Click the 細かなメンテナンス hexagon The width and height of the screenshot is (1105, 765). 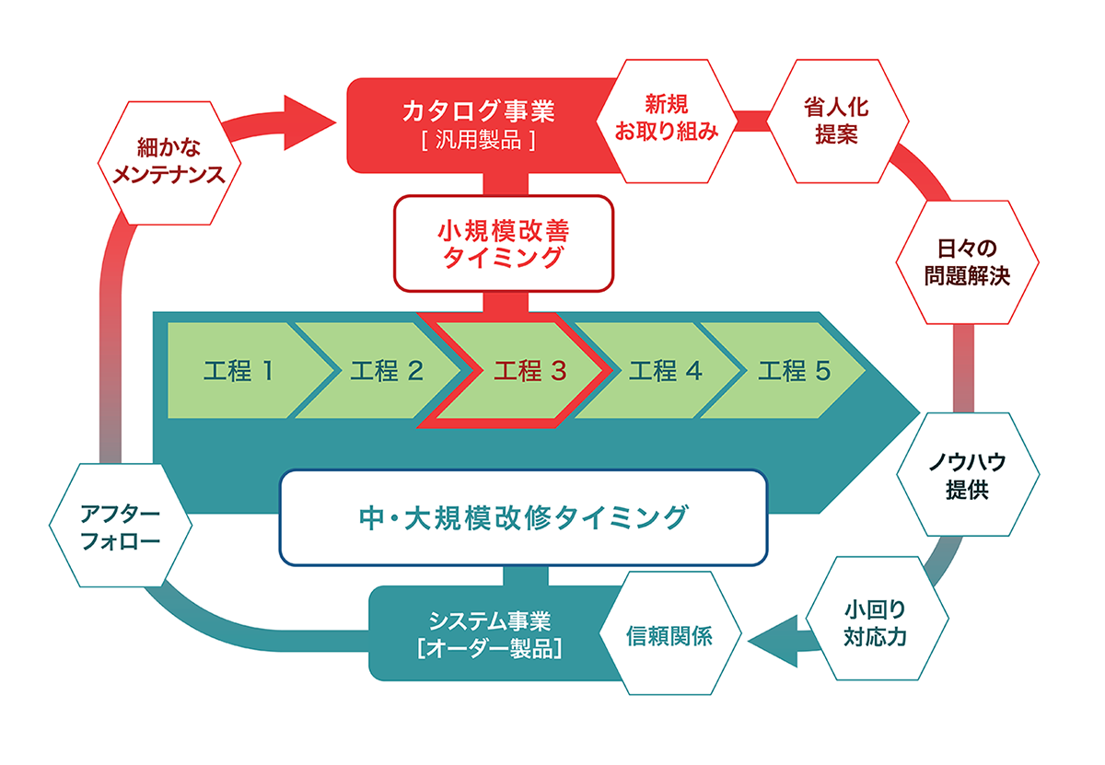tap(169, 163)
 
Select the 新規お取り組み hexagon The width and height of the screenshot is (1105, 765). tap(667, 122)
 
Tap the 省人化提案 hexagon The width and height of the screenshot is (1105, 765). tap(837, 122)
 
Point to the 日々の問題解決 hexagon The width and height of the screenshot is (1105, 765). tap(968, 262)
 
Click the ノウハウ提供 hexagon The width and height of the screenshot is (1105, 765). tap(968, 474)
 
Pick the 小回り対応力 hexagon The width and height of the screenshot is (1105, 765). tap(877, 619)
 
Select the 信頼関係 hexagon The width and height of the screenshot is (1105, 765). tap(670, 633)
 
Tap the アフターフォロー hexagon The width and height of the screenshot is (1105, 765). tap(121, 526)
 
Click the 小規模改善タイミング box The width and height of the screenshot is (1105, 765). tap(504, 244)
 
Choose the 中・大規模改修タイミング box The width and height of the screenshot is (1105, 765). tap(523, 517)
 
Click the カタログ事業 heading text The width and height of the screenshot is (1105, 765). tap(478, 110)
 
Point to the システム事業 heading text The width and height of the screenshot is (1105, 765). tap(489, 621)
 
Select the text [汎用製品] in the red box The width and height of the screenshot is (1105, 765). tap(479, 141)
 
